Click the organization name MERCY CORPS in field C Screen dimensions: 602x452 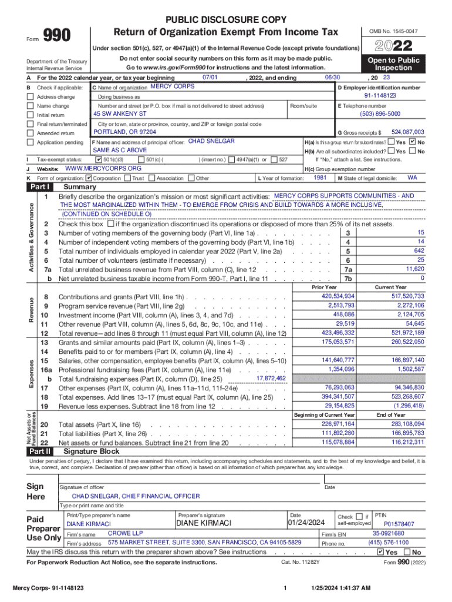click(172, 86)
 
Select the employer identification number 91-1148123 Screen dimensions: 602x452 click(380, 95)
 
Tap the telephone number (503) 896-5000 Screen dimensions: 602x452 click(380, 113)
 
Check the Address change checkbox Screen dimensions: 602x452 click(31, 96)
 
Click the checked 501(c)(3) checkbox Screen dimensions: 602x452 click(99, 159)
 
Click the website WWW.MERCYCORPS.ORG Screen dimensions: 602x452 click(103, 168)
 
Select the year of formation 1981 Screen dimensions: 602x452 click(320, 177)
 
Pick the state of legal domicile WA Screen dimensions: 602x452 click(412, 177)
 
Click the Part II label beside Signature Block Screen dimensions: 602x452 click(40, 451)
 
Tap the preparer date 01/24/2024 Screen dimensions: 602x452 click(306, 523)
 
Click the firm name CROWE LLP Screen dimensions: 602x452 click(124, 533)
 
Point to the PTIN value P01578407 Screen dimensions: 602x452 click(399, 524)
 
